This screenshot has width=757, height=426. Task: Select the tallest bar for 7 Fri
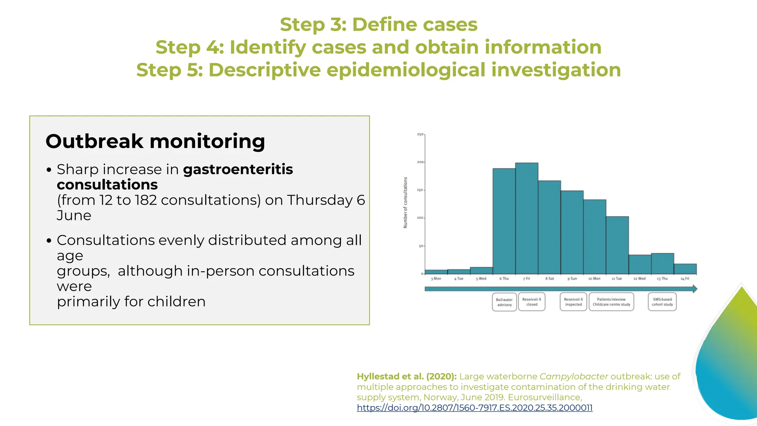526,218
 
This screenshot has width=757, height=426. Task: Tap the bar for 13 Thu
662,264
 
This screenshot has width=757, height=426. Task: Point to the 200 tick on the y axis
420,162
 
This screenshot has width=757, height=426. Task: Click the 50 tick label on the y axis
421,246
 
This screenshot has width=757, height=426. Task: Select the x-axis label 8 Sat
550,279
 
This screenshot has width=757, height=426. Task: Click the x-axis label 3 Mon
436,279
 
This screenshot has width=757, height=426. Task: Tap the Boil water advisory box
504,302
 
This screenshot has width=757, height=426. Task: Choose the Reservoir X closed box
532,302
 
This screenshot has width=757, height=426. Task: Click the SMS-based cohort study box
662,302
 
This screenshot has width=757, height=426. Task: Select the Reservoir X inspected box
573,302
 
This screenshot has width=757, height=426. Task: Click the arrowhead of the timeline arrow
695,289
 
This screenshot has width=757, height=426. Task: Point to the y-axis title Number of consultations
405,203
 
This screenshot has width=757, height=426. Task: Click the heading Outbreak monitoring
155,141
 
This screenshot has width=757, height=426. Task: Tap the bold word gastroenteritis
238,169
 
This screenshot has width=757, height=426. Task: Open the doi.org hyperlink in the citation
475,408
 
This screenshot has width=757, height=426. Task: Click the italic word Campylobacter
574,376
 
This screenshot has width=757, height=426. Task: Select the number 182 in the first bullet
146,200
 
